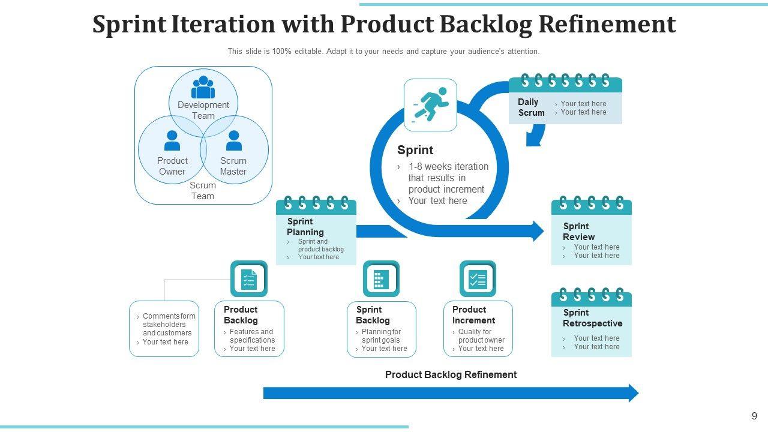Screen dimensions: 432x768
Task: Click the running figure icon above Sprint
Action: tap(431, 105)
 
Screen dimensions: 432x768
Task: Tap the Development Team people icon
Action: tap(203, 88)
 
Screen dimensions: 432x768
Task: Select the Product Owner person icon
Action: tap(172, 141)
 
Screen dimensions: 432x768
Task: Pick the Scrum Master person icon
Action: tap(234, 141)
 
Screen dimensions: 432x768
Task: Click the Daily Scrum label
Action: tap(531, 107)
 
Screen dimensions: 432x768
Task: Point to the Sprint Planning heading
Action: tap(305, 227)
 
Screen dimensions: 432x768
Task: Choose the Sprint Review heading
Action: tap(578, 232)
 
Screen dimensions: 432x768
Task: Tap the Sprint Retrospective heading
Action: tap(592, 318)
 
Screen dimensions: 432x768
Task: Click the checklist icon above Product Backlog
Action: tap(249, 279)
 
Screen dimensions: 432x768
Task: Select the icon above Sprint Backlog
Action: tap(381, 279)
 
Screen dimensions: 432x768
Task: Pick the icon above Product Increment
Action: tap(478, 279)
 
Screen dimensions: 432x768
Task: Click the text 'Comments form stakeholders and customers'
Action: tap(169, 325)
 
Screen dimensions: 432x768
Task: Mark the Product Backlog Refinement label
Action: tap(451, 374)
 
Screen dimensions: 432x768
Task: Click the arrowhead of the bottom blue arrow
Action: tap(633, 393)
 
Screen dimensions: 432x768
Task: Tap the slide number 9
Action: tap(754, 416)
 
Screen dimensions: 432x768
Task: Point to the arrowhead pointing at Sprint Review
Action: tap(538, 231)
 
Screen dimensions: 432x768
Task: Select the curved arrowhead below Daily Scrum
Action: tap(533, 140)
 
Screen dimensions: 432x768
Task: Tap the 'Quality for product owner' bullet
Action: tap(481, 336)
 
